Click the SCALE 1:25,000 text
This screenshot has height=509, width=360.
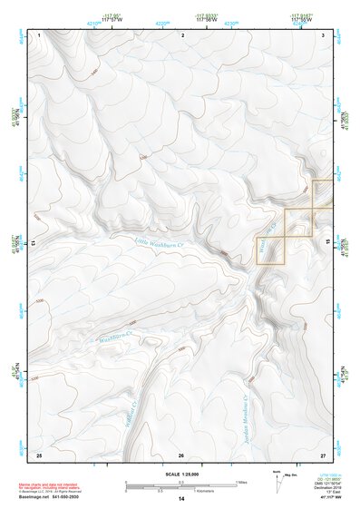[180, 475]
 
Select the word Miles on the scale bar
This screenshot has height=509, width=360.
[241, 482]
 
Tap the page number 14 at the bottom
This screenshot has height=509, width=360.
[180, 500]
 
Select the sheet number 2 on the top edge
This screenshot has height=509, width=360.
[182, 34]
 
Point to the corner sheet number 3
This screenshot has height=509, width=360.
[324, 34]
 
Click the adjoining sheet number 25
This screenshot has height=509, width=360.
[38, 454]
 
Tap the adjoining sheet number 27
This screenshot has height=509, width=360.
[323, 454]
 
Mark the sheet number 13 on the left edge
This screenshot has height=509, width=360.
[33, 244]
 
